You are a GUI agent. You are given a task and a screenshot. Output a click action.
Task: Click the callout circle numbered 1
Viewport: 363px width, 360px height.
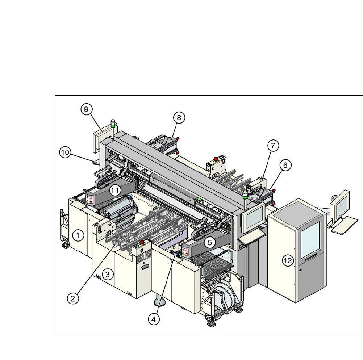coord(78,236)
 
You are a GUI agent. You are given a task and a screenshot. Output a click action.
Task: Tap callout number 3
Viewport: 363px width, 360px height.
coord(107,274)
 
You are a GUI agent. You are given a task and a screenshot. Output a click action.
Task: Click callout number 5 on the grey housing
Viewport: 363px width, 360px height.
coord(211,242)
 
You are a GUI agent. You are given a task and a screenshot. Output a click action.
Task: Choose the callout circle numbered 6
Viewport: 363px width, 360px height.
coord(285,165)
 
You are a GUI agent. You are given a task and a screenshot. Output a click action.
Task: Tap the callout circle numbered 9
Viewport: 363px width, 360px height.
coord(87,110)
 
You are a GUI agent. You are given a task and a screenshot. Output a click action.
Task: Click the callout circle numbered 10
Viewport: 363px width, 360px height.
coord(65,153)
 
